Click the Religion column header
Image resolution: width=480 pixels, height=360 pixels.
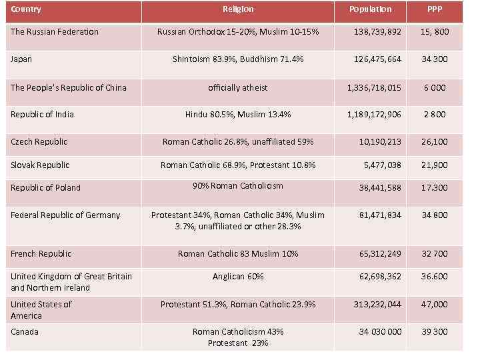click(237, 9)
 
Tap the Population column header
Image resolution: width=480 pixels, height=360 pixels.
click(371, 9)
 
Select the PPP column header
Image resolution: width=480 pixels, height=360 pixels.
click(435, 9)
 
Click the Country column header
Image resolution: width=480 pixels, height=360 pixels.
click(26, 9)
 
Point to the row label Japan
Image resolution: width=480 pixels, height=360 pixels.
click(21, 59)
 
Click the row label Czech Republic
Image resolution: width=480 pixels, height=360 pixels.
click(39, 142)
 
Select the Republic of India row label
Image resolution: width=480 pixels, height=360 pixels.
click(42, 115)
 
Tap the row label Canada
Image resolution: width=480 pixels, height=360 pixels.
click(25, 332)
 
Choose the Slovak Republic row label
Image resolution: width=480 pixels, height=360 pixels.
click(40, 165)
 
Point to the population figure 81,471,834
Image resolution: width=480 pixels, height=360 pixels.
click(377, 215)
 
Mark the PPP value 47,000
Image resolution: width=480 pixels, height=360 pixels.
click(435, 305)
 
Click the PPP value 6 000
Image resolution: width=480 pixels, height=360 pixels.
click(435, 88)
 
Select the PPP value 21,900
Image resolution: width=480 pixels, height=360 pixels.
click(435, 165)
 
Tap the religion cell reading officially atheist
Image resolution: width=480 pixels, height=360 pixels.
click(237, 88)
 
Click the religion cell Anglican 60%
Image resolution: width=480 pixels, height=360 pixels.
click(237, 277)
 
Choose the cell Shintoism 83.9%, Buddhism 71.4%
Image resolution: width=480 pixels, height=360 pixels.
click(237, 59)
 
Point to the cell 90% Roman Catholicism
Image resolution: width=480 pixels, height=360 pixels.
click(237, 186)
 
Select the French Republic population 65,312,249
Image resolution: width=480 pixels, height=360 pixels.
click(377, 254)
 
